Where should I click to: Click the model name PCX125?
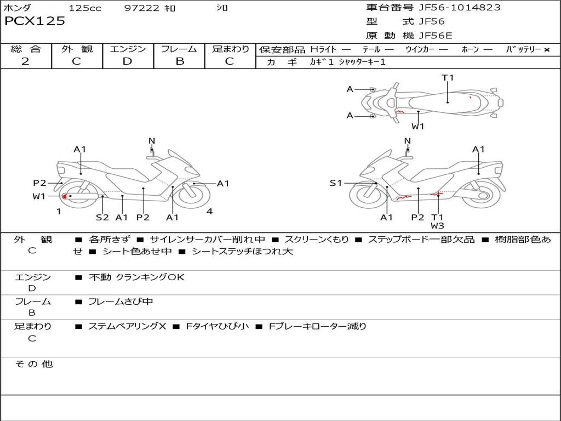pyautogui.click(x=35, y=21)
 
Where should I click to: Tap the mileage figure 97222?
pyautogui.click(x=141, y=8)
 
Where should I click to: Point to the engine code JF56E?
pyautogui.click(x=436, y=36)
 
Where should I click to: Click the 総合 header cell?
pyautogui.click(x=26, y=49)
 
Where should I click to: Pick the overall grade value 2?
pyautogui.click(x=25, y=61)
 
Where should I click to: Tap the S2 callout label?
pyautogui.click(x=102, y=218)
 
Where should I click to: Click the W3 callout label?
pyautogui.click(x=437, y=226)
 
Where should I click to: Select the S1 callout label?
pyautogui.click(x=336, y=183)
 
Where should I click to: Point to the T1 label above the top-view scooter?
pyautogui.click(x=448, y=78)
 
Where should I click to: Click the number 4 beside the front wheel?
pyautogui.click(x=209, y=212)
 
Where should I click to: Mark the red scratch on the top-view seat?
pyautogui.click(x=470, y=97)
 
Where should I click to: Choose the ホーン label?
pyautogui.click(x=470, y=50)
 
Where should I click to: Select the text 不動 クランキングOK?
pyautogui.click(x=136, y=277)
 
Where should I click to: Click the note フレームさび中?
pyautogui.click(x=121, y=301)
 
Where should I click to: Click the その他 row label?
pyautogui.click(x=34, y=364)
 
